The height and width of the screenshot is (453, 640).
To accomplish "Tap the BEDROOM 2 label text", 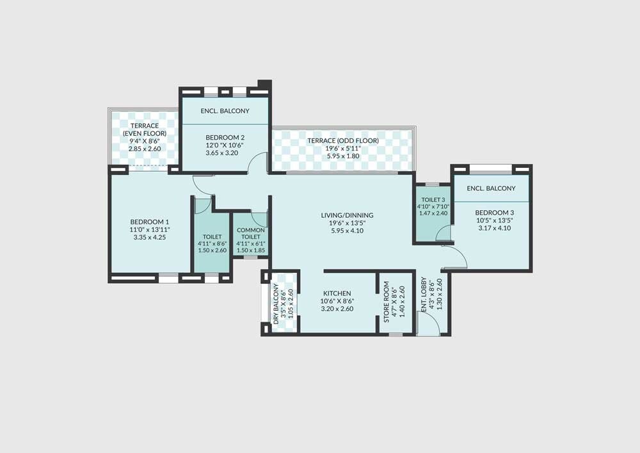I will point(225,137).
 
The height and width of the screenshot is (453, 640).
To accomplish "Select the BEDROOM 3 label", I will point(494,213).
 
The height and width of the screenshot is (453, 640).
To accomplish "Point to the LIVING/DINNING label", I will point(348,215).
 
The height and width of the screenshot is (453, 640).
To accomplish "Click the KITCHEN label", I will point(337,293).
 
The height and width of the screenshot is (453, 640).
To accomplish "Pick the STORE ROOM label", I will point(386,301).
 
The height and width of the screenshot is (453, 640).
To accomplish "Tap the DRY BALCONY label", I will point(276,301).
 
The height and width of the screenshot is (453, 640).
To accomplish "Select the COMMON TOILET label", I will point(251,234).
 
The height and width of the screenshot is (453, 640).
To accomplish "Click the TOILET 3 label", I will point(433,199).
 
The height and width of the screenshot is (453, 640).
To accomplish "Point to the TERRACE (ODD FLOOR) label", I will point(342,141).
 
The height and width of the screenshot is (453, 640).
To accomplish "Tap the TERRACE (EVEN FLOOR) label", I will point(144,129).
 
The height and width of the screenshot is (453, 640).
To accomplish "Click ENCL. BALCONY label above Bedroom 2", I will point(225,111).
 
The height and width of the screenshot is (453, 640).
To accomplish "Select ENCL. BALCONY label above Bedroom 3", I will point(491,188).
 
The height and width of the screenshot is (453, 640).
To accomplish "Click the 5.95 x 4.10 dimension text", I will point(348,231).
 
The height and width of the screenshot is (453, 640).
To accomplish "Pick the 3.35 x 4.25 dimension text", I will point(150,237).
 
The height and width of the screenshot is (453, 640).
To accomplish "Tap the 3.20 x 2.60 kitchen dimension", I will point(337,309).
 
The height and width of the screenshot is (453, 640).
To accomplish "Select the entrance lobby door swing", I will point(429,325).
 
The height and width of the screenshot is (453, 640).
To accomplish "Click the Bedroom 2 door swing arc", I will point(257,163).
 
